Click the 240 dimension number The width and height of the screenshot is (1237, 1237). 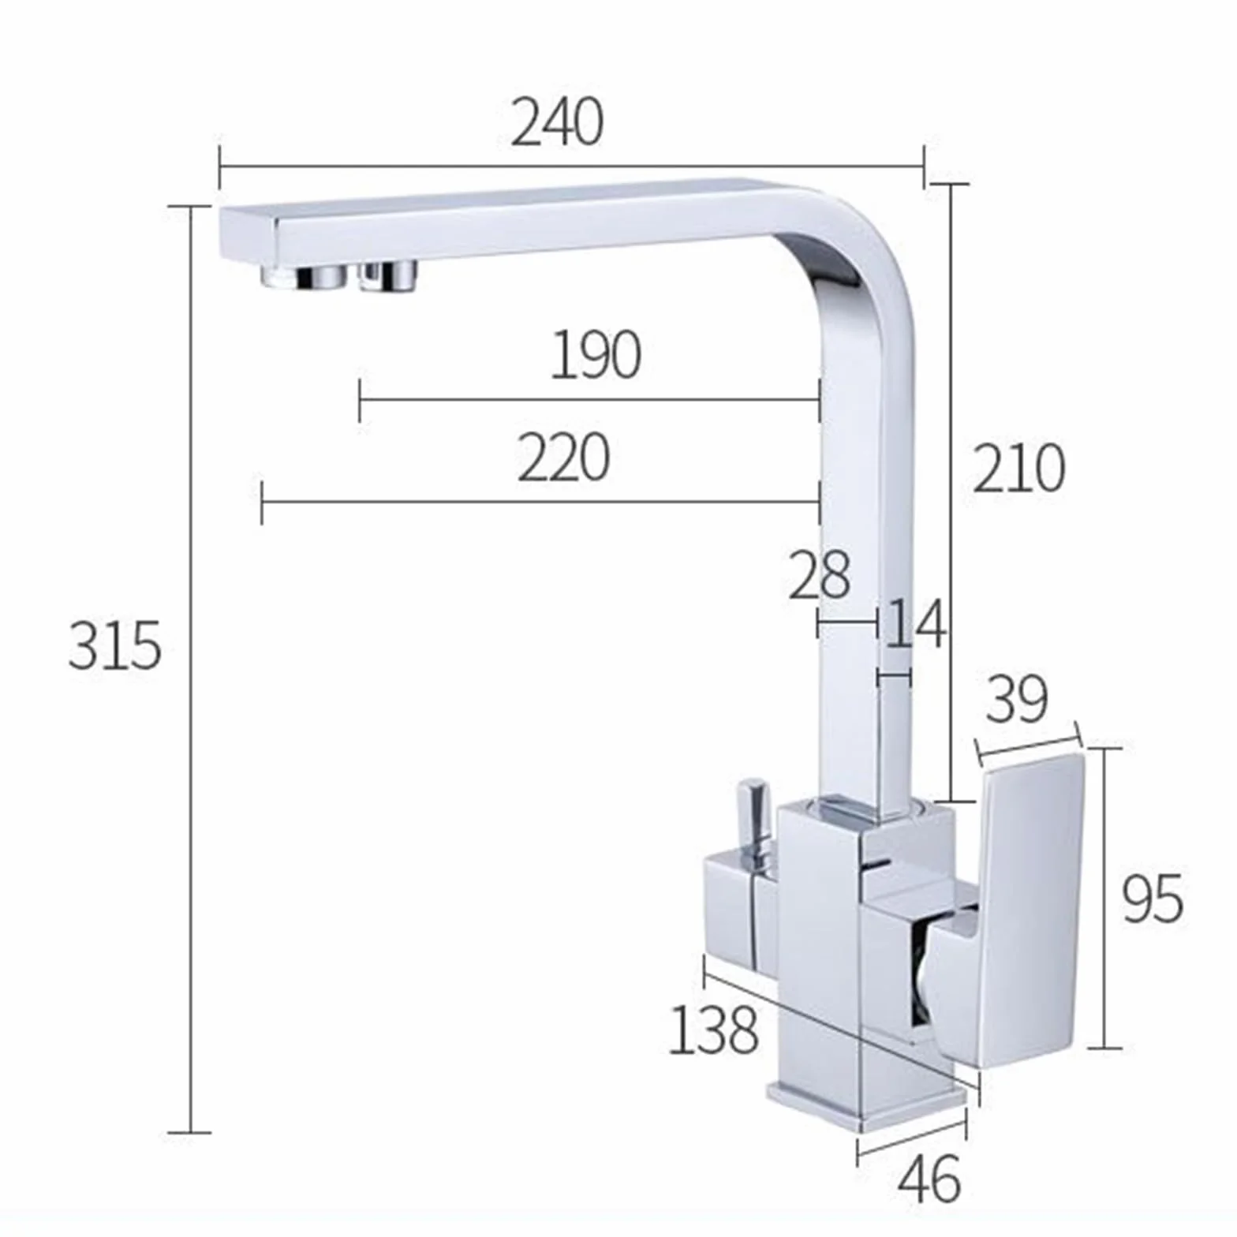tap(557, 123)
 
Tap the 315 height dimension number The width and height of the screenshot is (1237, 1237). tap(115, 645)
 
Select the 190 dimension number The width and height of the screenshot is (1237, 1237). tap(595, 354)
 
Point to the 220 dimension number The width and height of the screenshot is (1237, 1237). tap(563, 458)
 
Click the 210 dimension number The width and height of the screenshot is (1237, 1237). tap(1018, 469)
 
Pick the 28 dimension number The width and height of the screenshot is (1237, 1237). tap(820, 574)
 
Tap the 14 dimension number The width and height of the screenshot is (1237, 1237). tap(915, 623)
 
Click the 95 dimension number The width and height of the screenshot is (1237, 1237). tap(1153, 899)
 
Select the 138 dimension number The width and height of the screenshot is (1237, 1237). tap(713, 1029)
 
